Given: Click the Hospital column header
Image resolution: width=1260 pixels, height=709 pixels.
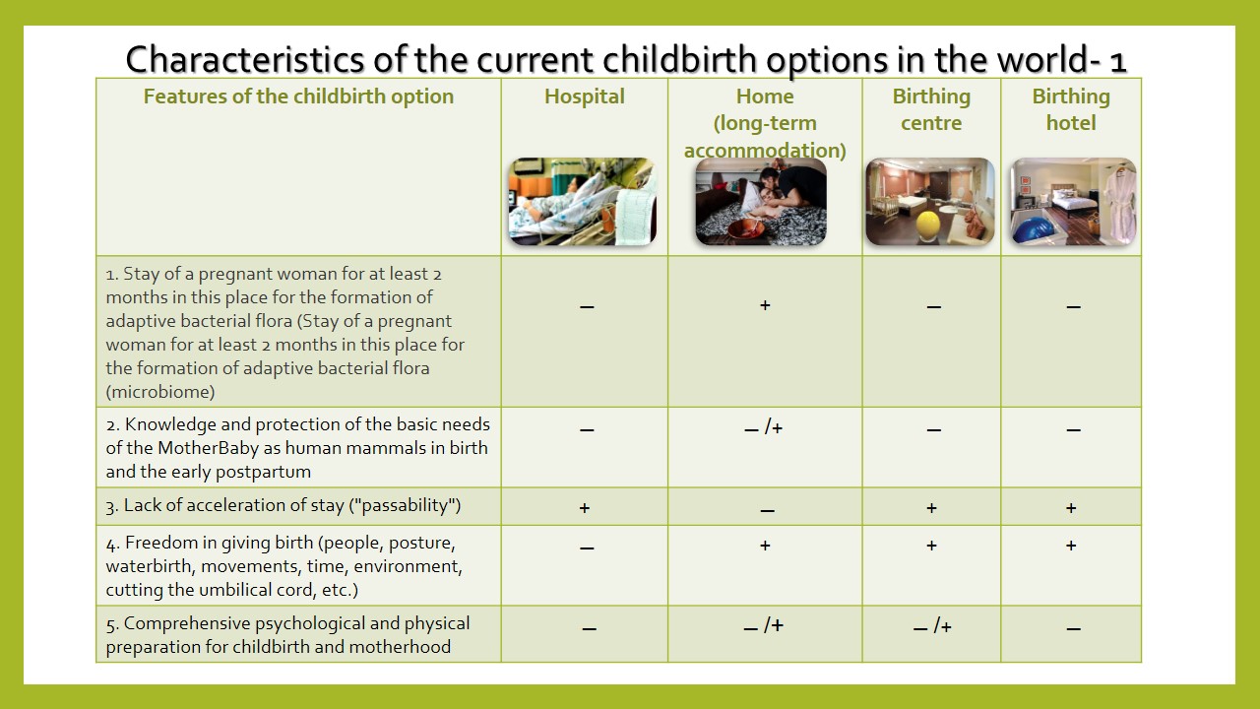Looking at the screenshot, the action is tap(585, 97).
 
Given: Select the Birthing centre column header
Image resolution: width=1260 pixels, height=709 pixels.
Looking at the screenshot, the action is tap(931, 109).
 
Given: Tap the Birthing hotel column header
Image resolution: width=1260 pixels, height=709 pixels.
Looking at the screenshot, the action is tap(1071, 109).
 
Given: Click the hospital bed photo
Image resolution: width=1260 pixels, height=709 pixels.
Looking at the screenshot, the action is tap(583, 202).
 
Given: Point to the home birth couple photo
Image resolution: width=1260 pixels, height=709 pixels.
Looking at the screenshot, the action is tap(761, 202).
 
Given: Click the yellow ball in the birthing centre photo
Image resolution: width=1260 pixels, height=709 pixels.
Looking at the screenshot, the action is tap(928, 226).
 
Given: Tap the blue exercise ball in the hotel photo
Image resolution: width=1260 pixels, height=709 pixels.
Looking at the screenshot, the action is tap(1034, 230).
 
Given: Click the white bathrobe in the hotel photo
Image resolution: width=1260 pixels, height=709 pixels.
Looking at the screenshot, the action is tap(1119, 204).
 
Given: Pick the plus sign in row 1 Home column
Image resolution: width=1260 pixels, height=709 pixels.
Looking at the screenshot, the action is tap(765, 305).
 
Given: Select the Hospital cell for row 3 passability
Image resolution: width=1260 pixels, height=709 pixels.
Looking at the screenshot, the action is tap(585, 507).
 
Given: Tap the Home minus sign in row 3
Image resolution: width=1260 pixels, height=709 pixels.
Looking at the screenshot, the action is tap(767, 510).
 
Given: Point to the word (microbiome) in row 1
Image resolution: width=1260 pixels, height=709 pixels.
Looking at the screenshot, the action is tap(160, 392).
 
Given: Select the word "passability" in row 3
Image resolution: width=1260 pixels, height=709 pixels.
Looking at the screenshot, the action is tap(405, 505).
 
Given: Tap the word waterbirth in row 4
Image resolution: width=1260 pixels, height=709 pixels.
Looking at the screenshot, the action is tap(151, 566).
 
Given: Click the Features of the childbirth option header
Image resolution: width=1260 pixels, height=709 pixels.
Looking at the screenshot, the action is tap(298, 97).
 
